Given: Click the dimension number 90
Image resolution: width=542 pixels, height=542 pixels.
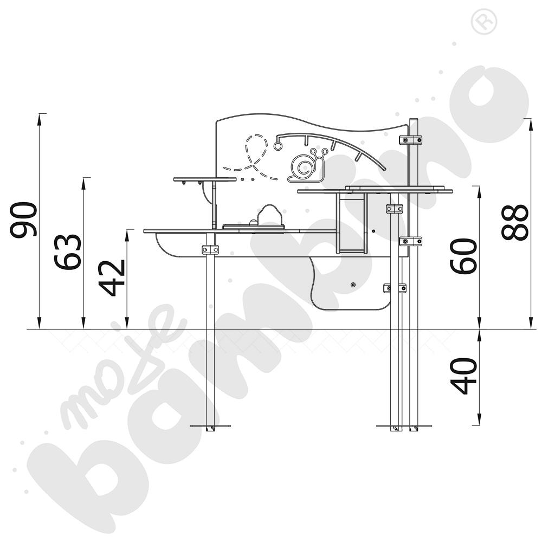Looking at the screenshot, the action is click(x=23, y=220).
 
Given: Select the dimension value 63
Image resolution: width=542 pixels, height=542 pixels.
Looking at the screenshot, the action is click(x=68, y=252).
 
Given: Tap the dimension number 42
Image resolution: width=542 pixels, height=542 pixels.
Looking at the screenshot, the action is click(x=112, y=278).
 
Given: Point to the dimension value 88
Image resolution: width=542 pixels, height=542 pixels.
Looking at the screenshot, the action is click(x=515, y=222).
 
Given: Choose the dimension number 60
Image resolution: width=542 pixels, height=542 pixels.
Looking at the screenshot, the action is click(x=463, y=256).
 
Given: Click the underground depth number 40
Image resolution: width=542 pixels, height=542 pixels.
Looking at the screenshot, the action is click(x=463, y=376).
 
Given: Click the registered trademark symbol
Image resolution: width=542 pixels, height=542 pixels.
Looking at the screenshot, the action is click(x=483, y=22).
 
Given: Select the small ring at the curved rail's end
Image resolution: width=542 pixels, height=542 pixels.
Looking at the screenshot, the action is click(x=278, y=146).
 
